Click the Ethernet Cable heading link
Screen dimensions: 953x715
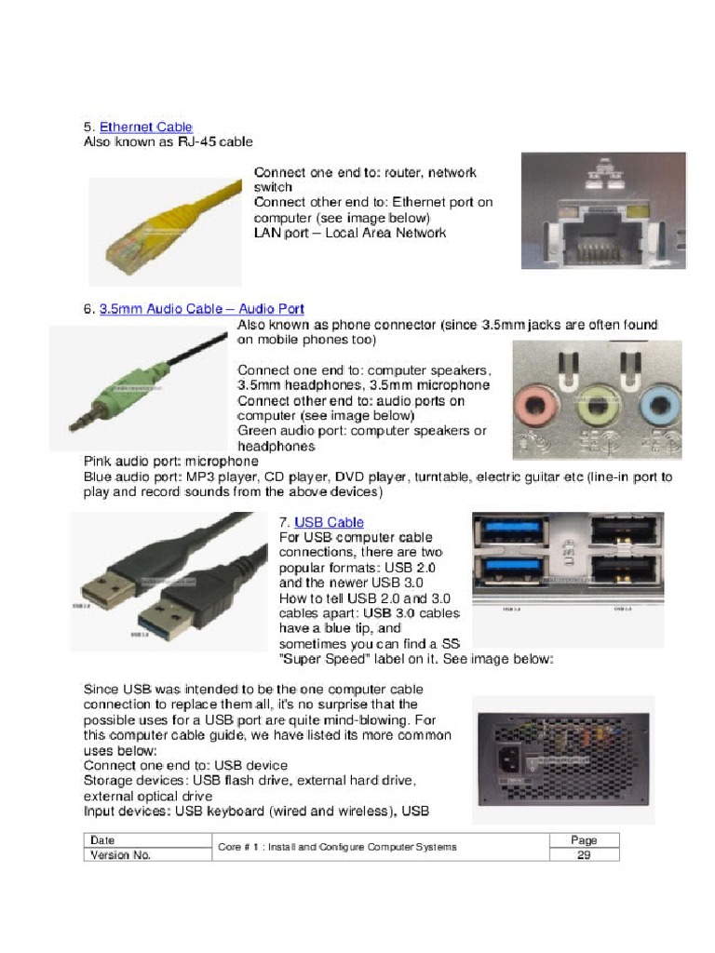(146, 127)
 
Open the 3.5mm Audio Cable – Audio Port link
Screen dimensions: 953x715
(202, 309)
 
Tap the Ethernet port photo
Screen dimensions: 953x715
(602, 211)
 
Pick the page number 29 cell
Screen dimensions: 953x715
(584, 855)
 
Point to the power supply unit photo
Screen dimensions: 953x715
(562, 758)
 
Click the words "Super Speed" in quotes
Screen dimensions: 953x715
(322, 658)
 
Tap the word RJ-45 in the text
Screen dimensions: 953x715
(196, 142)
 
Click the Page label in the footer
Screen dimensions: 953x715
(584, 840)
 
